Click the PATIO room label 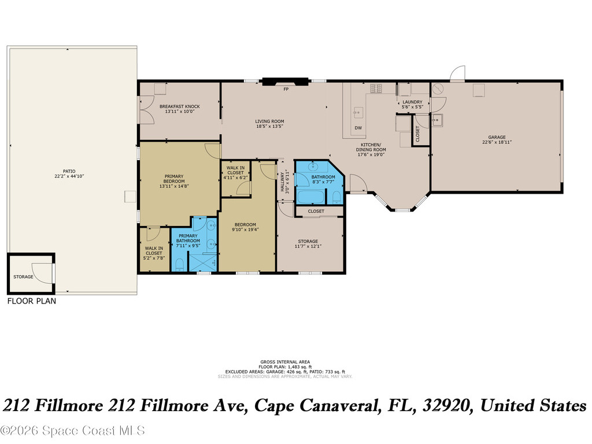coord(69,171)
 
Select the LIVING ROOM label coord(269,121)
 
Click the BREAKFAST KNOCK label coord(180,106)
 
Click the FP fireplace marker coord(286,90)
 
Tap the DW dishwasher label coord(358,128)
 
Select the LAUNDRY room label coord(413,102)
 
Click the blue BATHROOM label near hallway coord(323,177)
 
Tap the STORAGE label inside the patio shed coord(24,277)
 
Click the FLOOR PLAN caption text coord(32,301)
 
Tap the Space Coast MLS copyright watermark coord(72,431)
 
